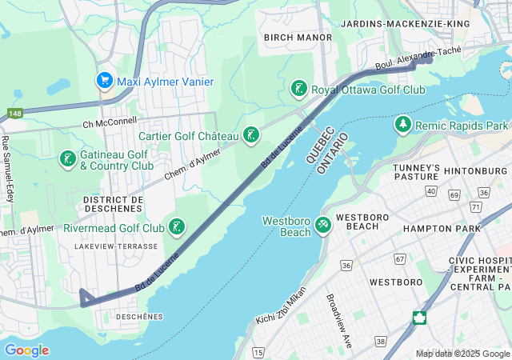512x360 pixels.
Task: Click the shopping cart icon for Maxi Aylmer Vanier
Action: tap(104, 81)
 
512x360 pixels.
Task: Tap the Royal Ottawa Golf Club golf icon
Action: tap(298, 89)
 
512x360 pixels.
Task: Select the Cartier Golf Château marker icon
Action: tap(252, 134)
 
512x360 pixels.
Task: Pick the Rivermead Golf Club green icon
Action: tap(177, 227)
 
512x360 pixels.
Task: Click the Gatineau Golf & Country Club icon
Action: tap(67, 159)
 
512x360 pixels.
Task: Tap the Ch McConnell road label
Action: tap(110, 123)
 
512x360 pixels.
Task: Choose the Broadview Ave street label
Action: tap(339, 319)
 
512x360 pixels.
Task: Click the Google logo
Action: tap(26, 350)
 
